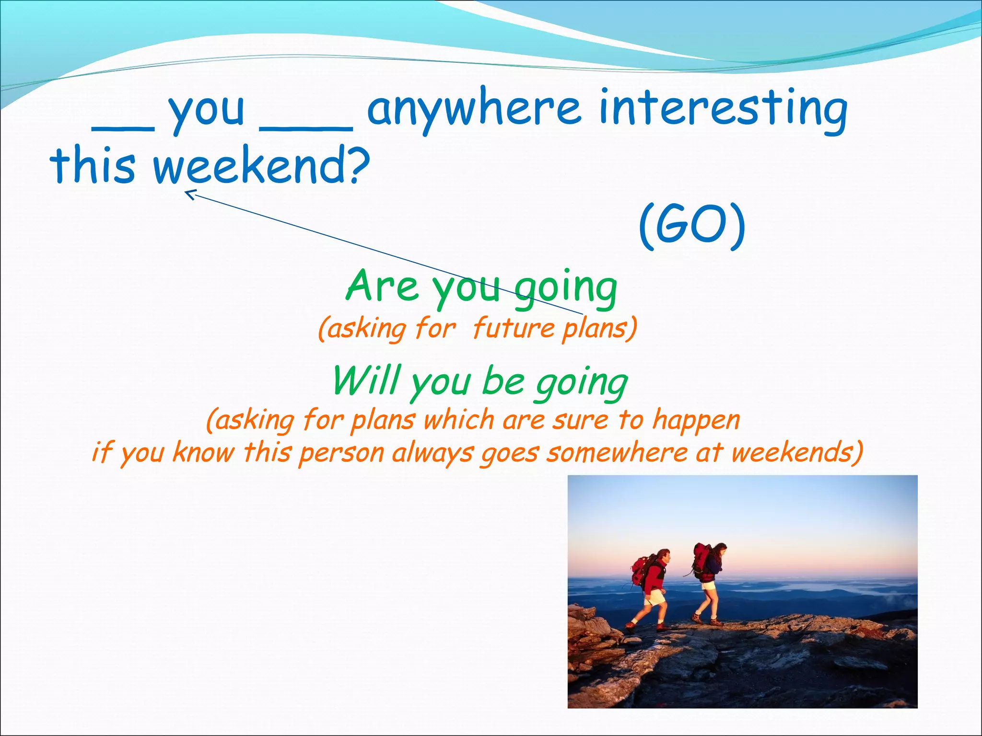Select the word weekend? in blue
coord(262,165)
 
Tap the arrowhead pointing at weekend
coord(190,194)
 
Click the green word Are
coord(382,286)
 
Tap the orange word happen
coord(696,420)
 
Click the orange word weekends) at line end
coord(797,452)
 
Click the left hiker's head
coord(663,556)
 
